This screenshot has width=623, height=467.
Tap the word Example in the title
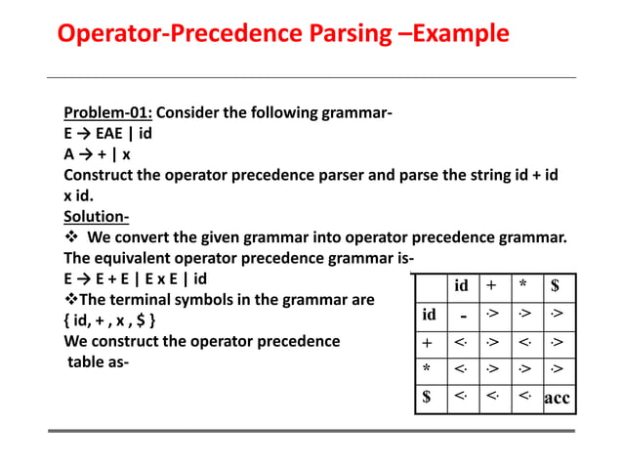tap(460, 34)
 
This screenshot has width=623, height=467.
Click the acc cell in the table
tap(557, 399)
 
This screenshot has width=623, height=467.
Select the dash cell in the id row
tap(462, 317)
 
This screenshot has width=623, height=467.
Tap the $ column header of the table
tap(556, 286)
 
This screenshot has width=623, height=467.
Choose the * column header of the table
tap(523, 286)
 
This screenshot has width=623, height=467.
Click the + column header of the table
tap(492, 286)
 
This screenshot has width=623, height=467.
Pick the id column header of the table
tap(462, 286)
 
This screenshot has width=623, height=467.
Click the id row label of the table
tap(429, 316)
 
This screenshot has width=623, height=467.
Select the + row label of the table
tap(428, 344)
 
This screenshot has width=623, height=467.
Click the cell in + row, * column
tap(523, 344)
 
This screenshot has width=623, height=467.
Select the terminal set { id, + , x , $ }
tap(107, 319)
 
